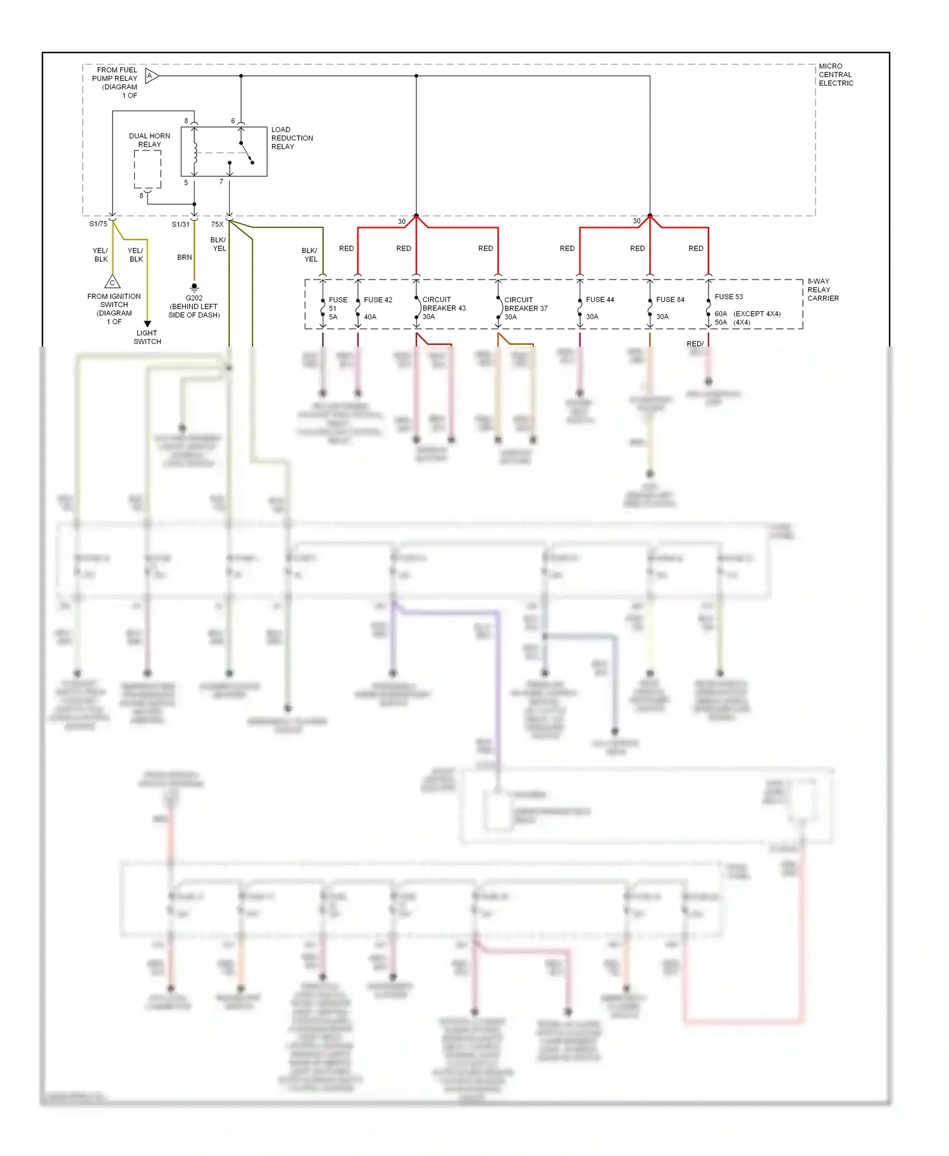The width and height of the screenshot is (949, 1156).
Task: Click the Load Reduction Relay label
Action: pyautogui.click(x=292, y=138)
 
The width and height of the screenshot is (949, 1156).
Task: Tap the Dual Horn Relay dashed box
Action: pyautogui.click(x=147, y=169)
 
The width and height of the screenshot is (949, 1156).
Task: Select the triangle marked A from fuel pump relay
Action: pyautogui.click(x=151, y=76)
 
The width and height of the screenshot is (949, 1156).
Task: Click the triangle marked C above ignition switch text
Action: pyautogui.click(x=112, y=282)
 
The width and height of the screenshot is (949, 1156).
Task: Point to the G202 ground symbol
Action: pyautogui.click(x=194, y=287)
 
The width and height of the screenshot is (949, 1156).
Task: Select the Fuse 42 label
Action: pyautogui.click(x=378, y=300)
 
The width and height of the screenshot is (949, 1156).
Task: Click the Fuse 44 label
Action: pyautogui.click(x=600, y=300)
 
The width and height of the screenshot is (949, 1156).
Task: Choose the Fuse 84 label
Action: pyautogui.click(x=670, y=300)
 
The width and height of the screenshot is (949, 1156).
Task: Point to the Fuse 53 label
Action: pyautogui.click(x=729, y=297)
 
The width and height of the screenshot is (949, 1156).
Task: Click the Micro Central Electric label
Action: pyautogui.click(x=835, y=75)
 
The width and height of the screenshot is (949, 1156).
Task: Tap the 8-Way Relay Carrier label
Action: pyautogui.click(x=822, y=290)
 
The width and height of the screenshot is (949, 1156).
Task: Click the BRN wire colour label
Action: pyautogui.click(x=184, y=257)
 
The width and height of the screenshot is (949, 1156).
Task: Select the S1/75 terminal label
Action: pyautogui.click(x=98, y=224)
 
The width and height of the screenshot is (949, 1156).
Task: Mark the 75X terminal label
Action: pyautogui.click(x=217, y=224)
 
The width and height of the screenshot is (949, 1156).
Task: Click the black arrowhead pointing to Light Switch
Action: pyautogui.click(x=147, y=324)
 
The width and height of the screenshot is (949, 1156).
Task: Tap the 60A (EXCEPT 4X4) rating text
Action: pyautogui.click(x=747, y=314)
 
